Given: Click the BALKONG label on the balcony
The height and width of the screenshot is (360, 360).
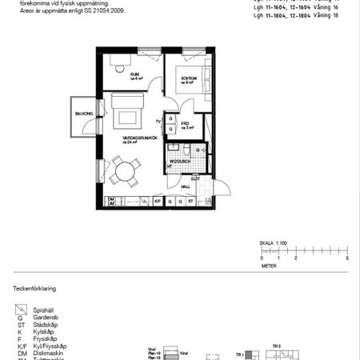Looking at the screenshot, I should tap(83, 114).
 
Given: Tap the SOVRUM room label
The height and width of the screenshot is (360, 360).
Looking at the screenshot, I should tap(188, 79).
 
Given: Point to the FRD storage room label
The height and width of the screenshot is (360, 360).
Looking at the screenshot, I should tap(185, 124).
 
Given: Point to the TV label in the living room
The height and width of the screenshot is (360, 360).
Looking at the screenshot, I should tap(158, 122).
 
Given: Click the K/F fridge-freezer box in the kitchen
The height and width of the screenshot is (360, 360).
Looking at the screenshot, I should tap(158, 201).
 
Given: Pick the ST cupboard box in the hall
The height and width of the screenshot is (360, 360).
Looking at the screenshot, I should tap(191, 201).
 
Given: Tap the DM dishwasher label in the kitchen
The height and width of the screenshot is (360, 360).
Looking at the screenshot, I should tap(111, 199).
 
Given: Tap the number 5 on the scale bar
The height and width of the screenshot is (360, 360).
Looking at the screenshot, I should tap(347, 259).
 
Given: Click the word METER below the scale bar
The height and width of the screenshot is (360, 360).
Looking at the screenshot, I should tap(269, 266).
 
